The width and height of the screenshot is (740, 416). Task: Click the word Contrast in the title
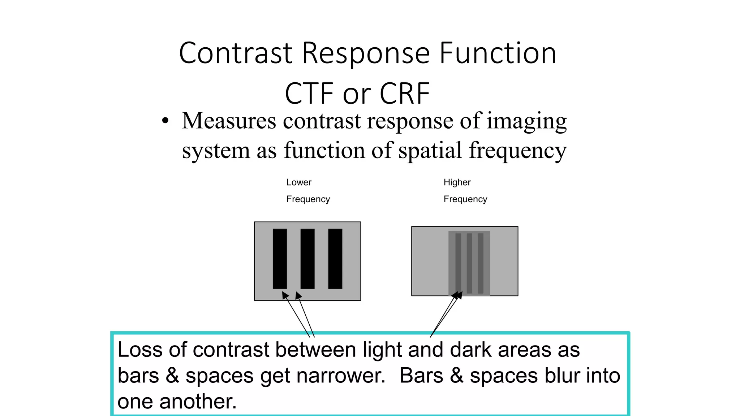236,53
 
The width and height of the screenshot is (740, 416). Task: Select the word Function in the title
498,53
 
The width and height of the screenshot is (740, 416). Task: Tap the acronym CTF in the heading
309,94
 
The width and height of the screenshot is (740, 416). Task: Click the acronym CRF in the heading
405,94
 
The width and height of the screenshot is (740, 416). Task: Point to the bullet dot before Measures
165,121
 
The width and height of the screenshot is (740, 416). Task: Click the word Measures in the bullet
229,121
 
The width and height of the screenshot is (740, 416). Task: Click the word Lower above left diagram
299,182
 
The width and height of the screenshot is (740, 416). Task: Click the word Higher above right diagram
457,182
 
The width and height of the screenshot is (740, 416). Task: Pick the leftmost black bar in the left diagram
280,259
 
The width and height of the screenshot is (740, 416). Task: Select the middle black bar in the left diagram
307,259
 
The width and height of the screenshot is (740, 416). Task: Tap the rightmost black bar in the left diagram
335,259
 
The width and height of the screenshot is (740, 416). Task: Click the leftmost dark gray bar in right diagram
458,263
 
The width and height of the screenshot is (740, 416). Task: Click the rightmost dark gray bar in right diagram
481,263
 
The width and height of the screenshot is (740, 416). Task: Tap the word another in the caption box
198,402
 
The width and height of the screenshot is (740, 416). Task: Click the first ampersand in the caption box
172,376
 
